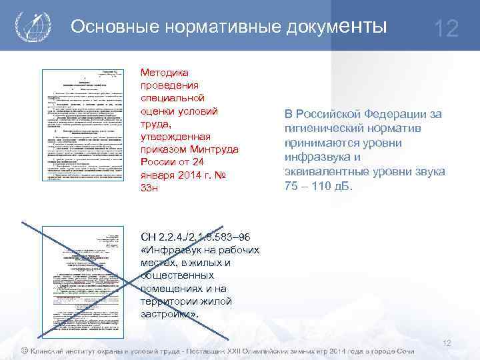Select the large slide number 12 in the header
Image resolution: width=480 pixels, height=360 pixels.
click(x=445, y=29)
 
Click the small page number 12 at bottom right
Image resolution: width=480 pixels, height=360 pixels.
click(x=447, y=343)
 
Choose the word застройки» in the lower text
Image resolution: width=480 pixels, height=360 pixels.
click(x=169, y=313)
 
